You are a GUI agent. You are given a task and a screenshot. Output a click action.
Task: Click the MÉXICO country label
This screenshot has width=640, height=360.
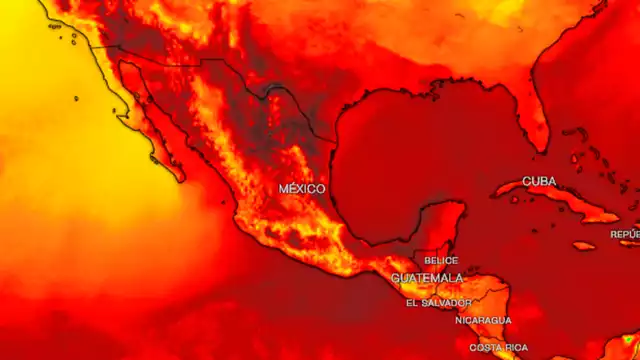[x=301, y=189]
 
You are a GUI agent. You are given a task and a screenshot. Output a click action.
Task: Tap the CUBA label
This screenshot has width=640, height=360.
[x=539, y=182]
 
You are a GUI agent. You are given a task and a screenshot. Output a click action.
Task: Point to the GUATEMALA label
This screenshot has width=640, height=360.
[x=427, y=278]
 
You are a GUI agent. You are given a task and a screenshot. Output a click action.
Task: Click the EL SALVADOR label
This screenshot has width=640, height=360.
[x=438, y=302]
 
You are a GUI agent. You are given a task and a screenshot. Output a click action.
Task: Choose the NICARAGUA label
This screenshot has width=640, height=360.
[x=483, y=320]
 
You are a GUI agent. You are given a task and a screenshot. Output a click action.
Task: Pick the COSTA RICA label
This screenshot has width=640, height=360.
[x=499, y=347]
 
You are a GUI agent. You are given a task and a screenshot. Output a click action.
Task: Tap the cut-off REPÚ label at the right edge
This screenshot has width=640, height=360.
[x=625, y=235]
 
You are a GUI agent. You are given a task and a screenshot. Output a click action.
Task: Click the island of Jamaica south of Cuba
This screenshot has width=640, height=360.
[x=585, y=245]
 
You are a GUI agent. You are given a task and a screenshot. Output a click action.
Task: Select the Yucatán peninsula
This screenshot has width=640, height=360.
[x=440, y=225]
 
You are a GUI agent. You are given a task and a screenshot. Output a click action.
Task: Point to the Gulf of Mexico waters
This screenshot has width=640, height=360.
[x=420, y=150]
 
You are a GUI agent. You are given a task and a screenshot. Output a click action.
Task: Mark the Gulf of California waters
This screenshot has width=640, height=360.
[x=165, y=120]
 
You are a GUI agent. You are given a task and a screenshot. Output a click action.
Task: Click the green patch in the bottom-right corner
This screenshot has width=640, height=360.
[x=629, y=345]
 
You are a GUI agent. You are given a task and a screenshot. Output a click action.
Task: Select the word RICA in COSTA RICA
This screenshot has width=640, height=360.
[x=513, y=347]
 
